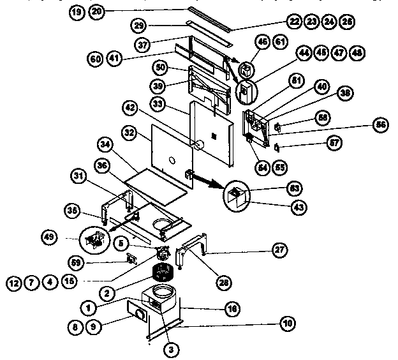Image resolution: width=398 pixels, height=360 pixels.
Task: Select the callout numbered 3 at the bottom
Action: click(x=171, y=349)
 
